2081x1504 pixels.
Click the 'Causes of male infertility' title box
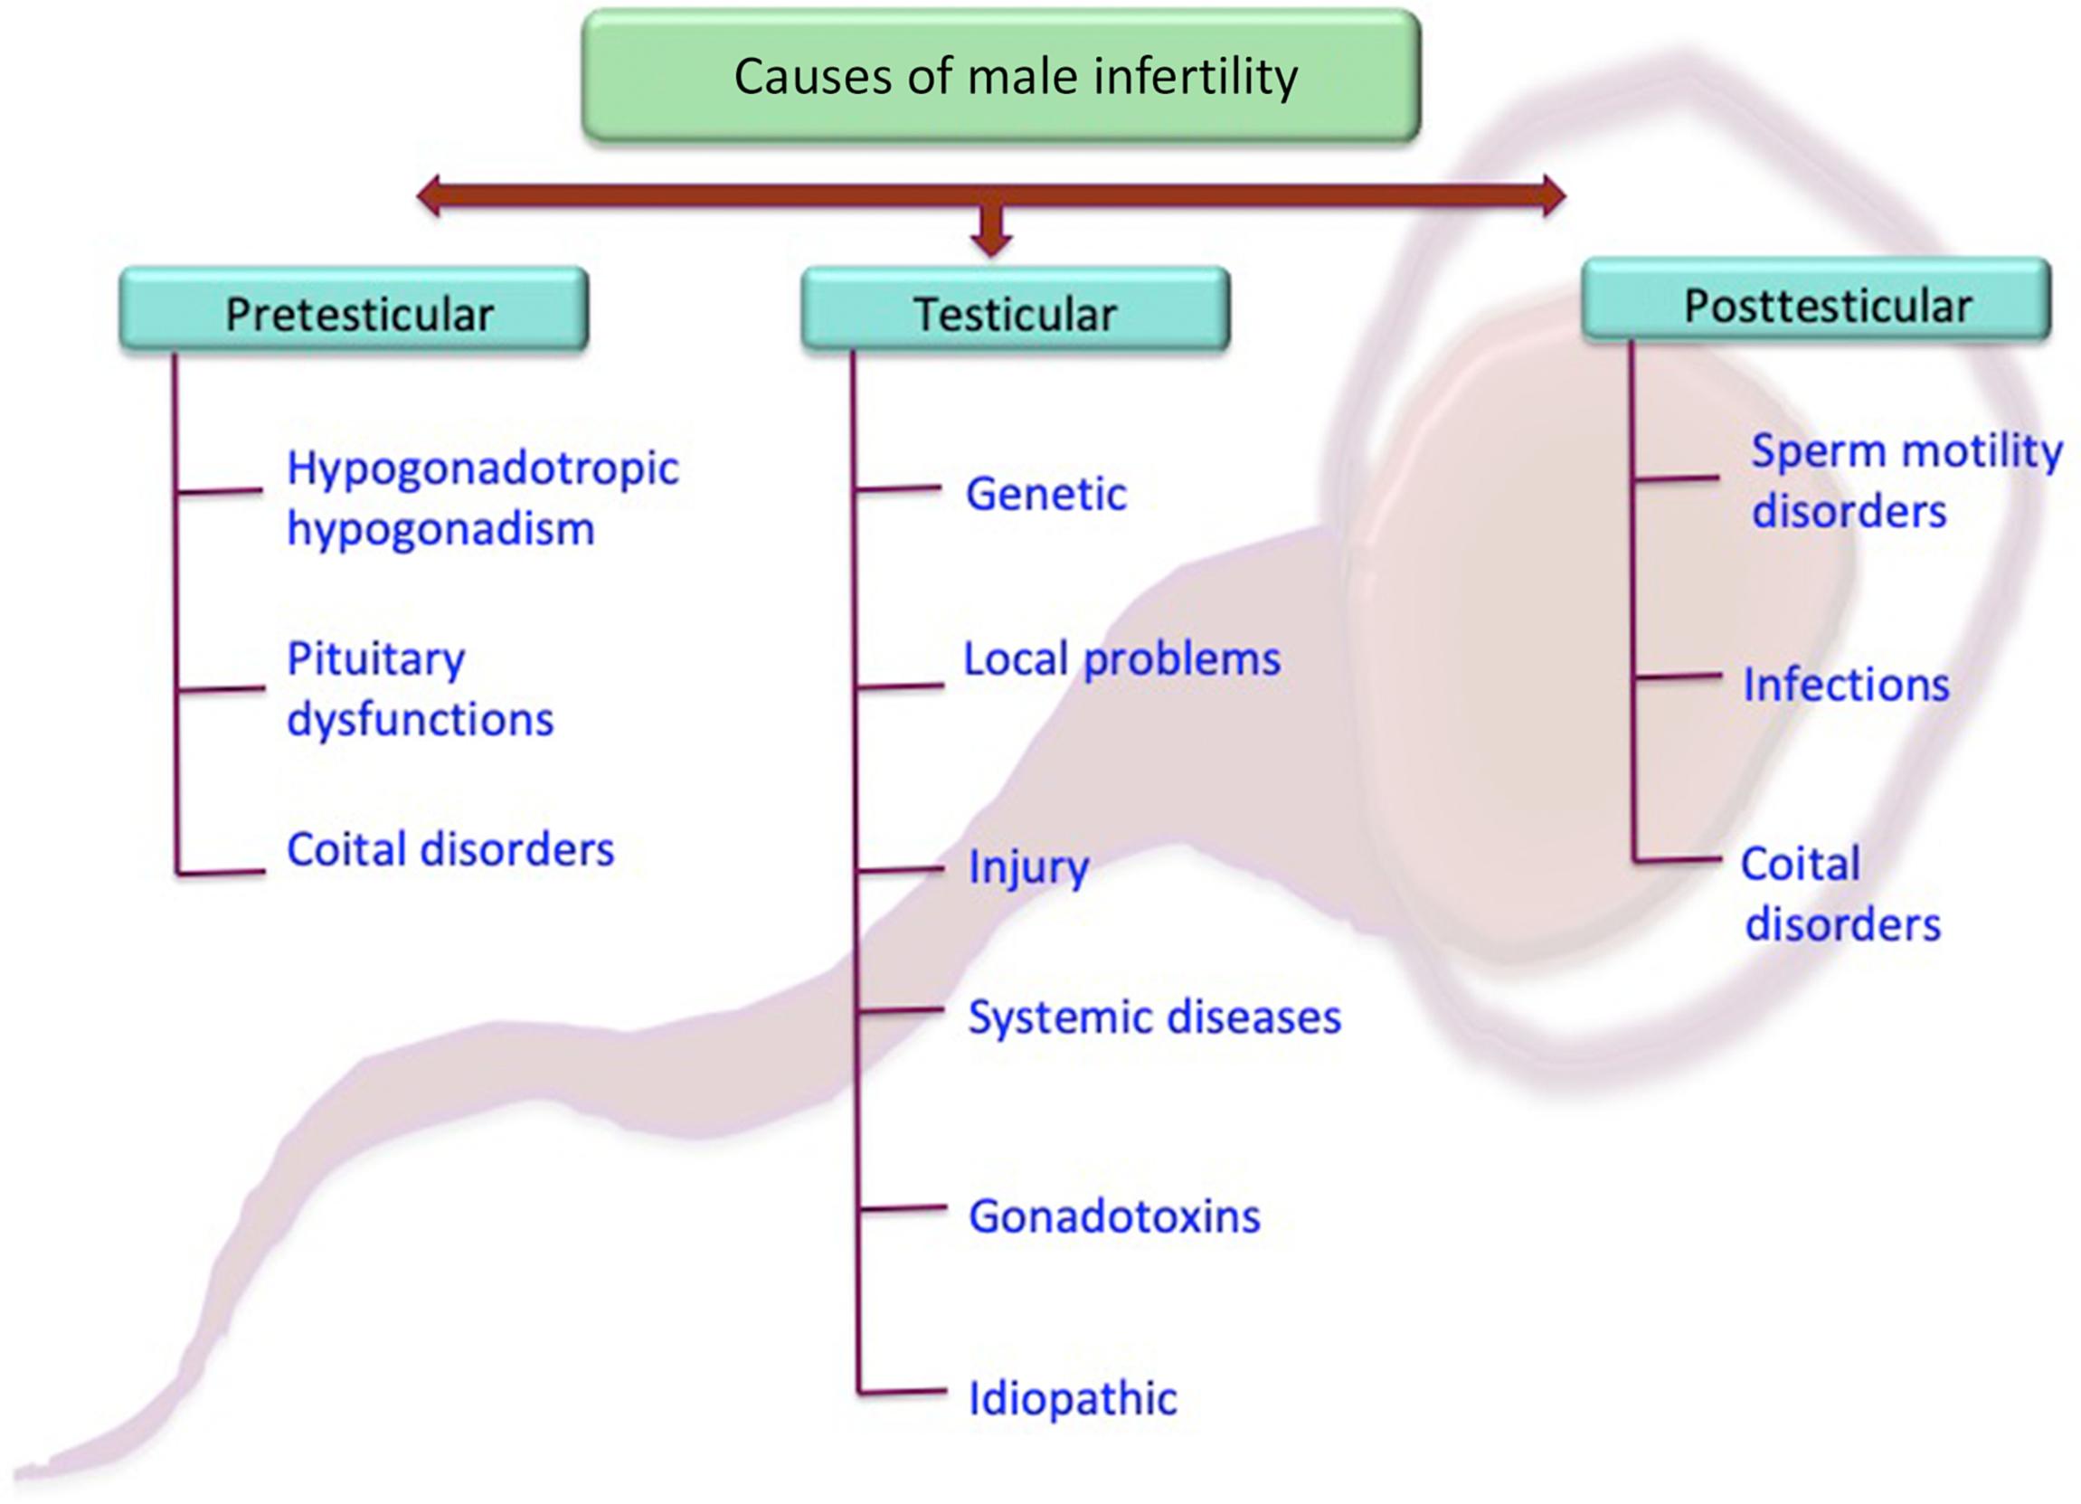[1001, 75]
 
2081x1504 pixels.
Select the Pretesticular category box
[355, 310]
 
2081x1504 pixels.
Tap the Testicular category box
[1015, 310]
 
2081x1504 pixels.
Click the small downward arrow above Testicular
[991, 235]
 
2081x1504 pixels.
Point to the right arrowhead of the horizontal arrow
[1553, 195]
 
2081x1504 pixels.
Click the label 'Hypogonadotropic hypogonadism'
[482, 498]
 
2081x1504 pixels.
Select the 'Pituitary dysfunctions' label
[420, 688]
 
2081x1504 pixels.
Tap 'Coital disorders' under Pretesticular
[449, 850]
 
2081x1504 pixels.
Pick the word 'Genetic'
[1046, 495]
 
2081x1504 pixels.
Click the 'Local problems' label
[1121, 659]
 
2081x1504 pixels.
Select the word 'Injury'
[1027, 867]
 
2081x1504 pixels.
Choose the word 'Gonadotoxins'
[1114, 1216]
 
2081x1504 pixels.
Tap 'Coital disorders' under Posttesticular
[1840, 893]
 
